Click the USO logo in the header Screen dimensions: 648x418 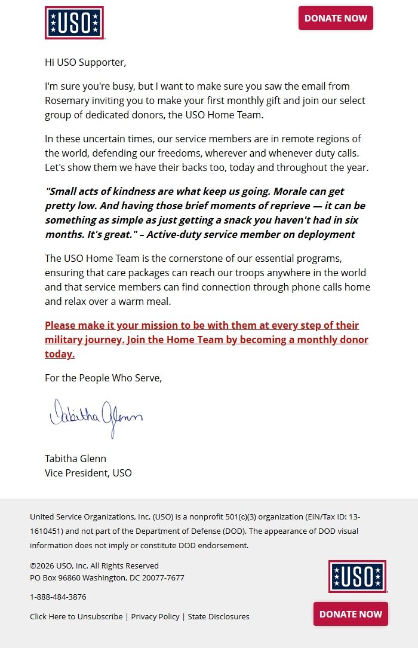pos(74,23)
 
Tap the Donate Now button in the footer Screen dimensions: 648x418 pos(351,614)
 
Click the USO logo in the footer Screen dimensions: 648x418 pos(357,576)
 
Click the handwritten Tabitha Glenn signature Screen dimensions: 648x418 pos(96,416)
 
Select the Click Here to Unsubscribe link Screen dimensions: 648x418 pos(76,616)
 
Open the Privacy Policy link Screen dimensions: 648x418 pos(155,616)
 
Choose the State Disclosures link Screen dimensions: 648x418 pos(219,616)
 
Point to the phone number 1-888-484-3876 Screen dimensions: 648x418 pos(58,597)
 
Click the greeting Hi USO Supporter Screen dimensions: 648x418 pos(85,62)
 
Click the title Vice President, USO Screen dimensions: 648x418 pos(88,473)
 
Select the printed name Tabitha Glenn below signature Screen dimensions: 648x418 pos(75,459)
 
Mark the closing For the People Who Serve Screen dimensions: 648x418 pos(103,378)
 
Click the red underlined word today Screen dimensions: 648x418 pos(59,354)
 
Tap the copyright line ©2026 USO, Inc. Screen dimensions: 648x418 pos(94,566)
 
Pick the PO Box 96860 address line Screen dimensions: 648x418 pos(107,577)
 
